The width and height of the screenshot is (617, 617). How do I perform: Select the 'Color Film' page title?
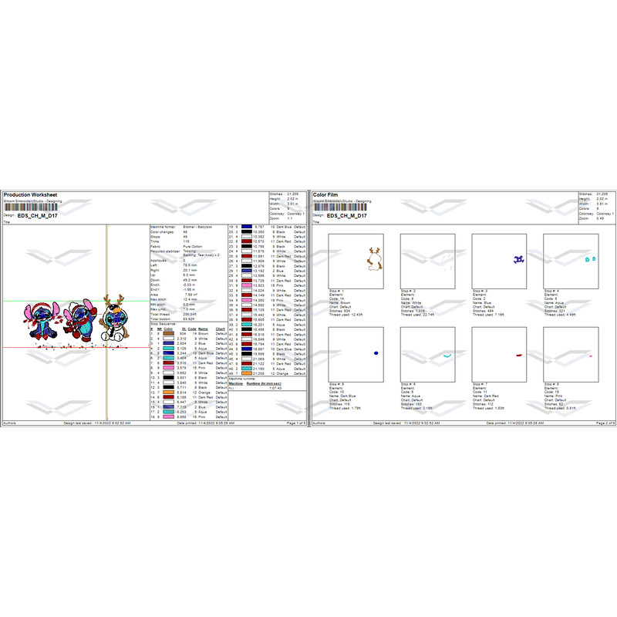(328, 194)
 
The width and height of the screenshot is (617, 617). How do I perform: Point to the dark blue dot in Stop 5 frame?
(375, 352)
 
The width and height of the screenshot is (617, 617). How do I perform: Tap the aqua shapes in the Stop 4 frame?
(590, 260)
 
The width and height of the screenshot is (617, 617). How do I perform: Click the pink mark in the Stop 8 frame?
(590, 356)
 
